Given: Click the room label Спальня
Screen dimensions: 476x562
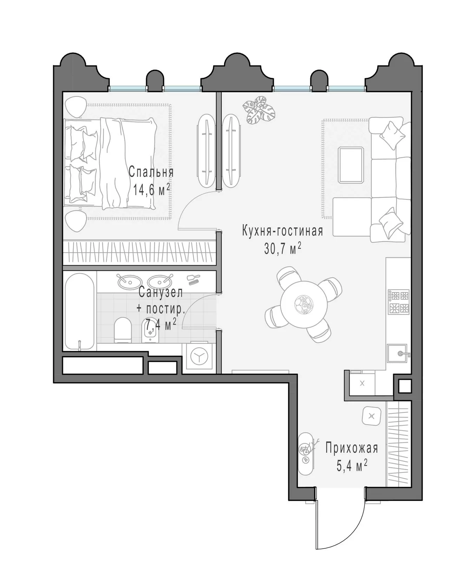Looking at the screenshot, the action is pyautogui.click(x=151, y=172).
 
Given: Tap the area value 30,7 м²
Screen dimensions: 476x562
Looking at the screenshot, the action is pyautogui.click(x=283, y=249).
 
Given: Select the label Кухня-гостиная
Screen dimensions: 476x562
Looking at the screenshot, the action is pyautogui.click(x=282, y=231).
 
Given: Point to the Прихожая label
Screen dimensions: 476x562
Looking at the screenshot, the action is pyautogui.click(x=351, y=449).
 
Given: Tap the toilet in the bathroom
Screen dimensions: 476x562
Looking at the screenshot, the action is pyautogui.click(x=123, y=330).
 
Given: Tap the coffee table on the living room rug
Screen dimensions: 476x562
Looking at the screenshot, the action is pyautogui.click(x=351, y=165).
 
